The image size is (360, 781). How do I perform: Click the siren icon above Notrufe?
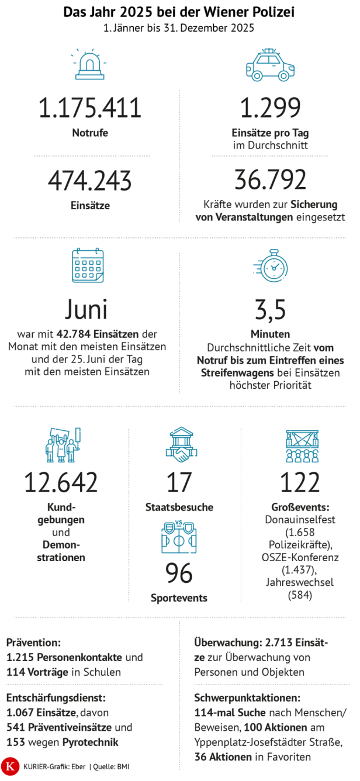[x=89, y=64]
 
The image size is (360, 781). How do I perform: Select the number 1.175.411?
[x=90, y=109]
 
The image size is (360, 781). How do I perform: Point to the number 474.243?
[x=90, y=181]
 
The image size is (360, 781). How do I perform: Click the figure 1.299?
[x=270, y=109]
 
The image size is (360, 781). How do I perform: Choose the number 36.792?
[x=270, y=181]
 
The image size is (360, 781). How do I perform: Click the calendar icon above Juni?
[x=88, y=265]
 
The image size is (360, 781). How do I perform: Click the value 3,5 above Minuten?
[x=270, y=310]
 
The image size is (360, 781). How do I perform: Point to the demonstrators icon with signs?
[x=63, y=444]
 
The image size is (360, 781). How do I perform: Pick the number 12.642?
[x=61, y=483]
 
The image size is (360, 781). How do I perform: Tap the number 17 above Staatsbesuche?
[x=179, y=483]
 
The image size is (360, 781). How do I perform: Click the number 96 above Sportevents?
[x=179, y=573]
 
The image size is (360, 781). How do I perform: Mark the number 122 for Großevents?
[x=300, y=483]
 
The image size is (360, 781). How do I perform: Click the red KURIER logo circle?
[x=9, y=765]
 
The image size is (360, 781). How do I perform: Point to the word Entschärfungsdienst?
[x=56, y=697]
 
